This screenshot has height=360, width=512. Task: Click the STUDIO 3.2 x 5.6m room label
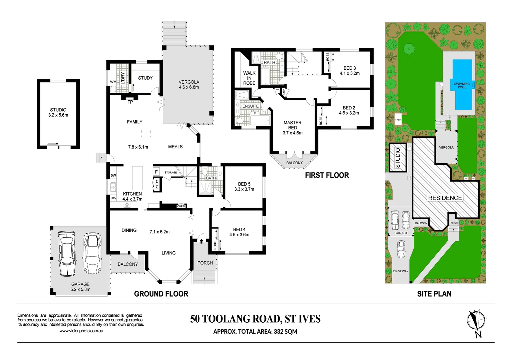point(58,112)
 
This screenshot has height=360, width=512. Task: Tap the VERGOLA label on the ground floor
point(189,84)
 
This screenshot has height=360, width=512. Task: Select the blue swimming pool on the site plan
point(462,85)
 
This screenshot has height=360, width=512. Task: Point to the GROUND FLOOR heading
point(161,294)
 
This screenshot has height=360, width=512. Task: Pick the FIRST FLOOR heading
point(327,175)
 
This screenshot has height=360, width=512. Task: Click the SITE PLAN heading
point(434,294)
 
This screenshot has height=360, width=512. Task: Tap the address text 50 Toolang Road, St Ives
point(255,319)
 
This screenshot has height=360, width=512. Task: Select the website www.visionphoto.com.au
point(81,331)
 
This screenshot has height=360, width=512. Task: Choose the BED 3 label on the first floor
point(350,70)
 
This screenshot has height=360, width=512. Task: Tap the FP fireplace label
point(130,102)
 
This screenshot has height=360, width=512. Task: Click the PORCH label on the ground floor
point(205,263)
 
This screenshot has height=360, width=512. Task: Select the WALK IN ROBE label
point(249,78)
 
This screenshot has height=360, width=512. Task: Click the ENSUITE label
point(250,106)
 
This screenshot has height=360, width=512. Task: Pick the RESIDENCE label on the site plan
point(445,198)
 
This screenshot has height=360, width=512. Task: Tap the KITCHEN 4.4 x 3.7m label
point(132,196)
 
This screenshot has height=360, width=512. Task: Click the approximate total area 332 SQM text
point(255,332)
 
